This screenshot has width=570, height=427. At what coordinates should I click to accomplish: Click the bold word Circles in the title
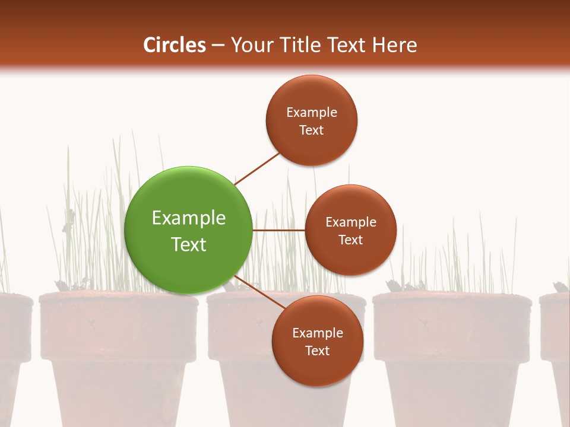coord(174,45)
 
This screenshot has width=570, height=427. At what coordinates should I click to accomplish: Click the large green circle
coord(188,230)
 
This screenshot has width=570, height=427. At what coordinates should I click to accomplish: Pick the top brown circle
coord(312,120)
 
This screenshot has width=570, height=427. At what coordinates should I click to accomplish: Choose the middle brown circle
coord(350,230)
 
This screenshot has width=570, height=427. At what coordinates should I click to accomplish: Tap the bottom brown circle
coord(317,341)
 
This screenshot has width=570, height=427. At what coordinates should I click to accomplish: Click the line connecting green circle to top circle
coord(258,168)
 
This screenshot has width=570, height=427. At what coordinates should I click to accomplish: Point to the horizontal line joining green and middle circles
coord(278,230)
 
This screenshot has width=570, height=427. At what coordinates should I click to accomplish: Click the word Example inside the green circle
coord(188,218)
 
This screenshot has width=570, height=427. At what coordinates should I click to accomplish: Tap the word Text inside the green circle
coord(188,244)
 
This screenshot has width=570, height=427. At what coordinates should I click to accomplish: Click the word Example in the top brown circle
coord(312,112)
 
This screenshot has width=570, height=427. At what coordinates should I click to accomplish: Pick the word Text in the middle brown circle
coord(350,240)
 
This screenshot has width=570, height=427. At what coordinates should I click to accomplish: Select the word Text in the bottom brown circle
coord(317,350)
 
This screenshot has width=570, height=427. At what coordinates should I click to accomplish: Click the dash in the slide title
coord(218,45)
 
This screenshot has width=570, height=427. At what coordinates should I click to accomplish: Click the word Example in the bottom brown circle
coord(317,333)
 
